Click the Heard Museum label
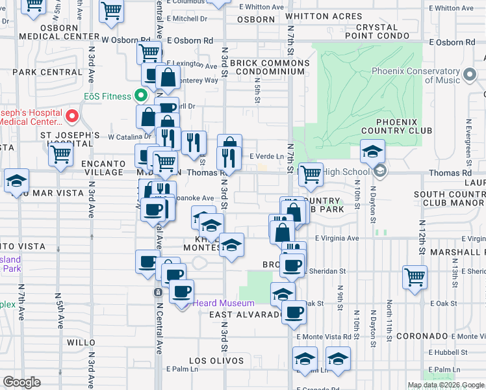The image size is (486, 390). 224,304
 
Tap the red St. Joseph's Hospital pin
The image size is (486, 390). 72,117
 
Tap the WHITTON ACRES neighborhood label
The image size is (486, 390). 323,16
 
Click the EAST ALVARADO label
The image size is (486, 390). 246,315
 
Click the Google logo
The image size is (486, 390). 21,382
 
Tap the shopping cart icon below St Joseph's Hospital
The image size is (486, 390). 60,154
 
